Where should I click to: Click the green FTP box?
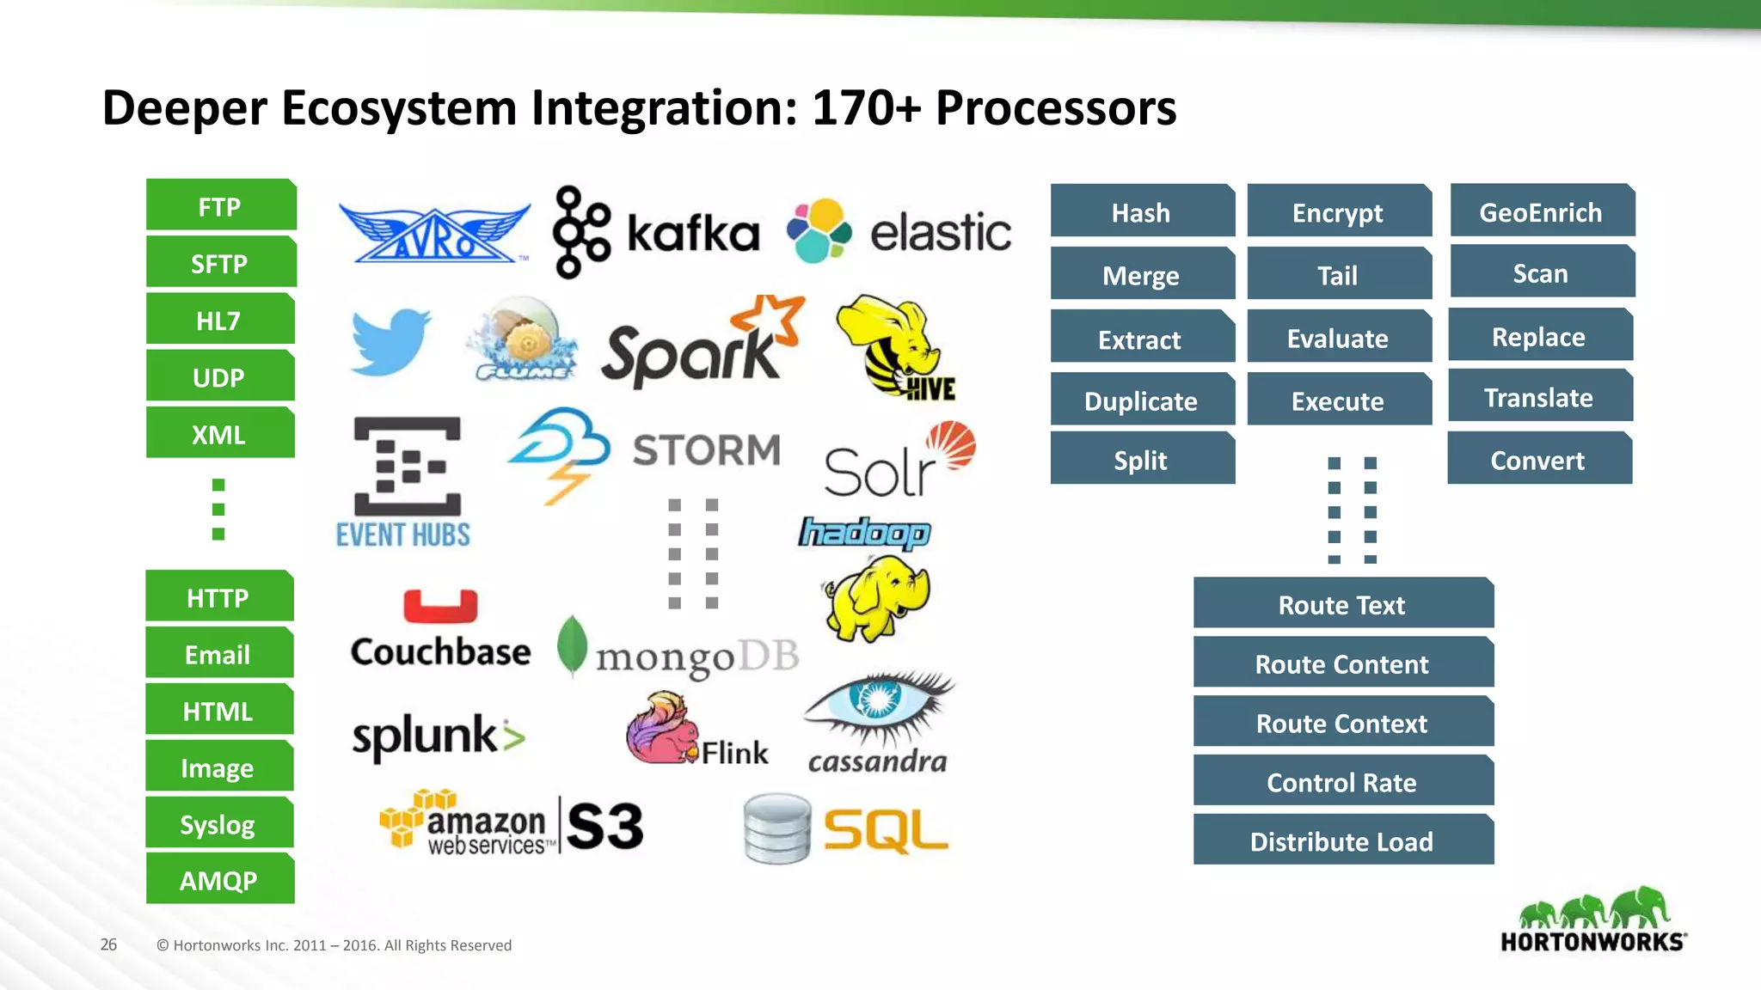coord(220,206)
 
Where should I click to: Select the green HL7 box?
coord(220,320)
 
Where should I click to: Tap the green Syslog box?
coord(218,823)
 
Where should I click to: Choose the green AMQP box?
coord(219,879)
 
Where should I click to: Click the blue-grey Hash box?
coord(1141,211)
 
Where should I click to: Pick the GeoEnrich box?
coord(1541,211)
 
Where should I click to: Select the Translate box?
coord(1539,397)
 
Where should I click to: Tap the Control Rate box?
coord(1342,781)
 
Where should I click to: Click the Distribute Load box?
coord(1342,840)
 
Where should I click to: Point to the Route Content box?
coord(1342,663)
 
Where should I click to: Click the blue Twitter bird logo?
coord(390,342)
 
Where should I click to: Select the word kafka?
coord(693,233)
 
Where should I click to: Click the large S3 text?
coord(605,827)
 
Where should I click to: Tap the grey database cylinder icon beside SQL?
coord(777,828)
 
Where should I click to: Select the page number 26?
coord(108,944)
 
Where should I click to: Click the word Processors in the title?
coord(1056,108)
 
